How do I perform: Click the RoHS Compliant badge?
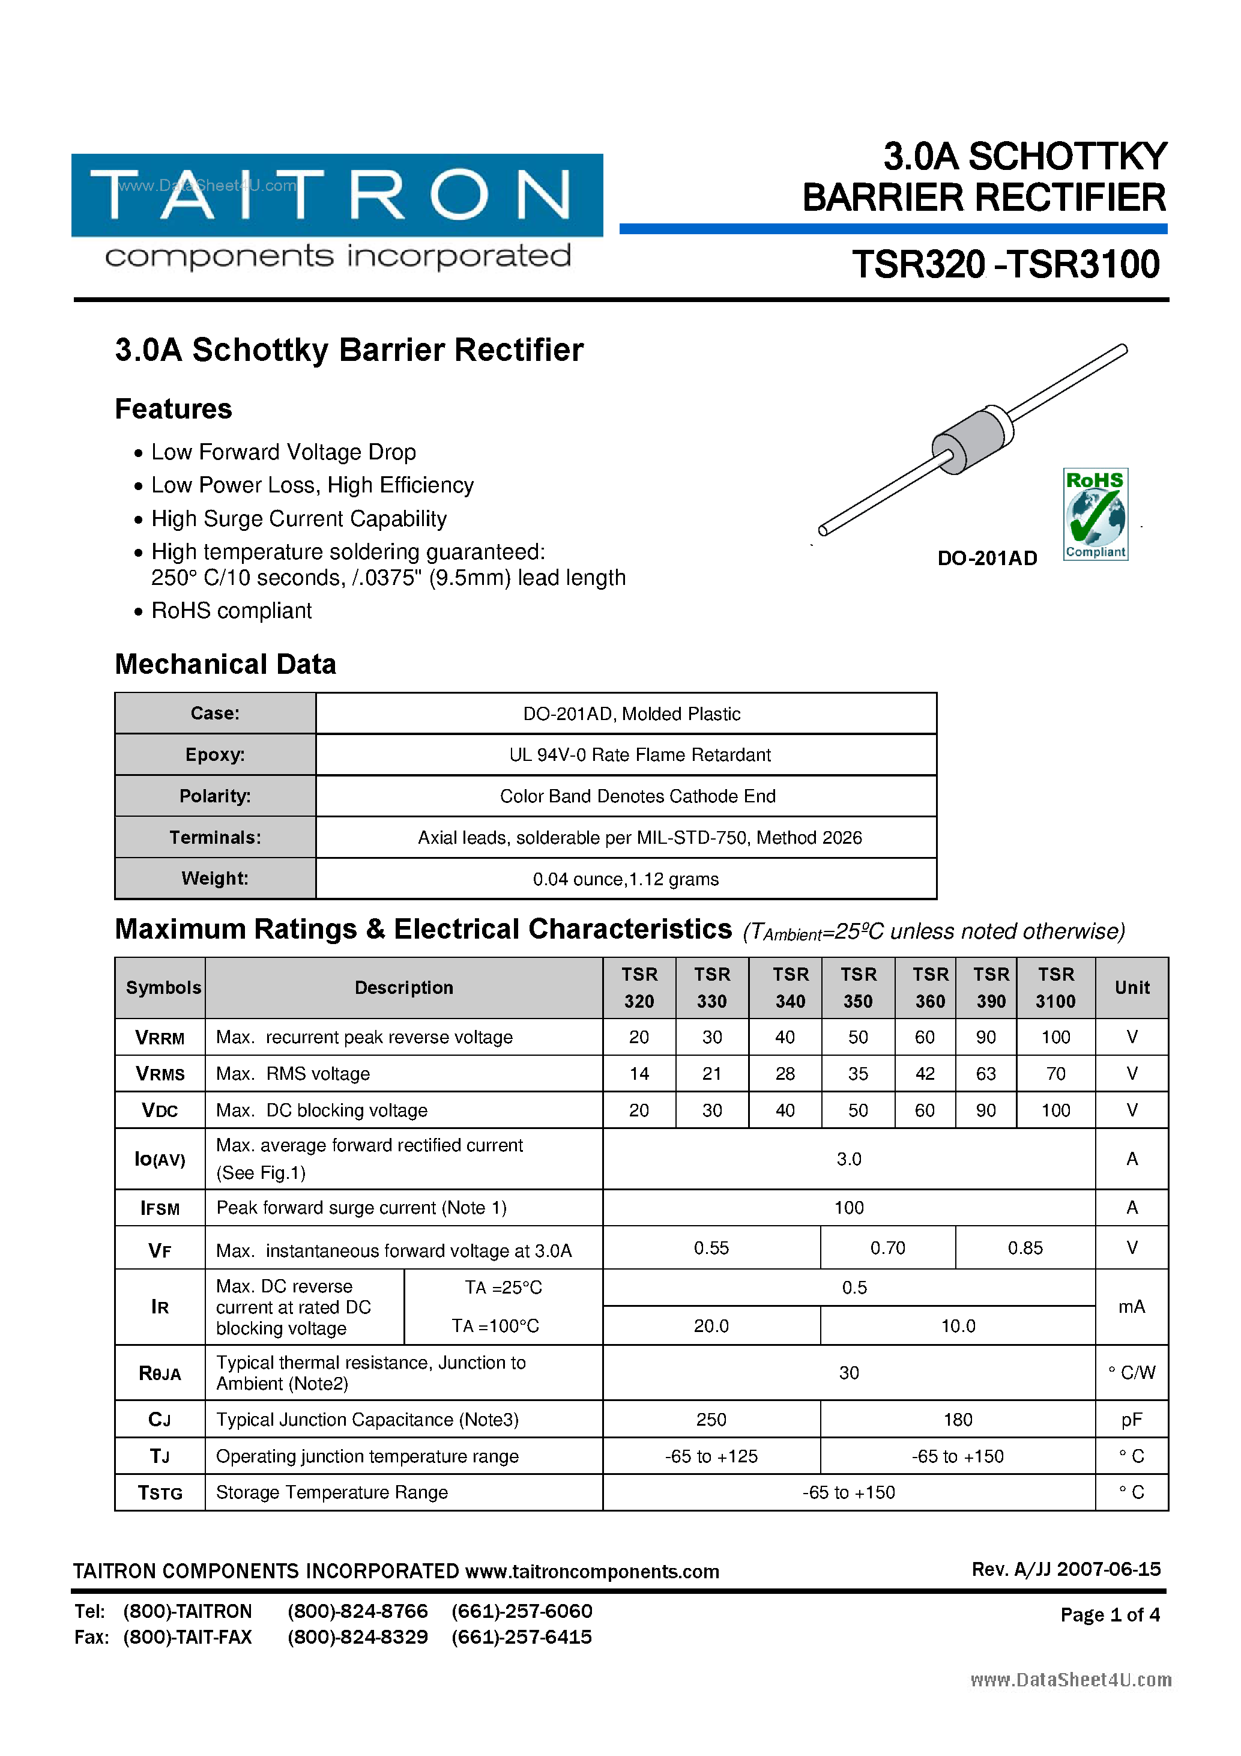(x=1095, y=514)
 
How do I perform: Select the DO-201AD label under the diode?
(x=986, y=559)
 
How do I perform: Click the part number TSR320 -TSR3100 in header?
(x=1006, y=265)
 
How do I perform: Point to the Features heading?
(x=174, y=409)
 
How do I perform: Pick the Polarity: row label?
(x=215, y=796)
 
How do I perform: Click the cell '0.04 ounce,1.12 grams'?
(x=626, y=879)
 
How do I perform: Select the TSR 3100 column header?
(x=1055, y=987)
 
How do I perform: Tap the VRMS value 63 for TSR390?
(x=986, y=1074)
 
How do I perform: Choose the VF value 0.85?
(x=1025, y=1248)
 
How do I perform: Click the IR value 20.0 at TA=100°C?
(x=711, y=1326)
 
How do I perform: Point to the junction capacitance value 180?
(x=958, y=1420)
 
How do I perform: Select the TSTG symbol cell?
(x=160, y=1493)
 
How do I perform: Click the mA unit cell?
(x=1131, y=1307)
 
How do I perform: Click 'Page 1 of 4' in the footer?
(x=1110, y=1614)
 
